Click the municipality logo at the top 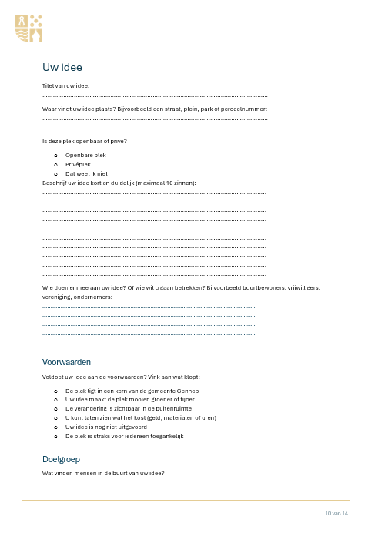point(29,26)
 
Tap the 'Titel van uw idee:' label point(65,85)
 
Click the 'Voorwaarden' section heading point(67,361)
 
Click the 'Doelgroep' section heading point(62,459)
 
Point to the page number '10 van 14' point(336,513)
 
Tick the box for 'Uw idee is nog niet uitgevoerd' point(56,427)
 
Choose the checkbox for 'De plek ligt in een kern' point(56,391)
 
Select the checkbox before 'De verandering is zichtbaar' point(56,409)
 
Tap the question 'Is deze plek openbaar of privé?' point(85,141)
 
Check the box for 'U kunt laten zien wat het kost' point(56,417)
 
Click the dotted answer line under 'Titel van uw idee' point(154,96)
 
